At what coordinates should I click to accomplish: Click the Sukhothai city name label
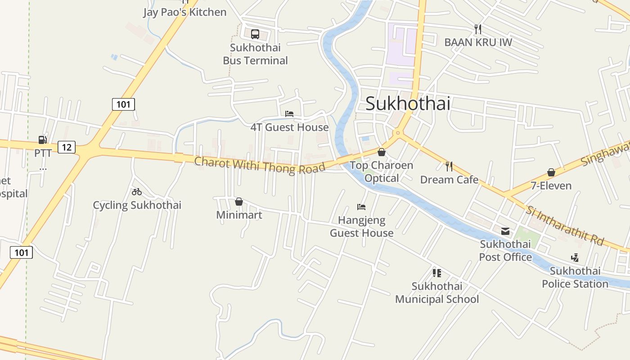coord(408,103)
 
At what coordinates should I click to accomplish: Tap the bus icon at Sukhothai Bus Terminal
coord(255,34)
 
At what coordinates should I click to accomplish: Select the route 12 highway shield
coord(67,147)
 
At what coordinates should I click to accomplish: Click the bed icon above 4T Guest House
coord(289,114)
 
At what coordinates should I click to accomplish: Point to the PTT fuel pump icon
coord(43,140)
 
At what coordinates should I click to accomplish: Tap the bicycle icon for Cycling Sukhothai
coord(137,192)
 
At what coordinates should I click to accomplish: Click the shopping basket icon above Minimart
coord(239,202)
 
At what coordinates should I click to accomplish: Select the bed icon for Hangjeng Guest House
coord(361,207)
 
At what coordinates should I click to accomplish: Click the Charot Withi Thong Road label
coord(260,165)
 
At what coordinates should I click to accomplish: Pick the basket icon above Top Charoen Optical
coord(382,152)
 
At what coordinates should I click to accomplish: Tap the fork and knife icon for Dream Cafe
coord(449,166)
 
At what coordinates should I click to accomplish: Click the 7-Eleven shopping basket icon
coord(551,172)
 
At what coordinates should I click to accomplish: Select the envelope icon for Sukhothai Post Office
coord(505,231)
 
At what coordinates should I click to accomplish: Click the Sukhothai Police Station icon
coord(575,258)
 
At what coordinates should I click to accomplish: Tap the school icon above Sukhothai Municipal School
coord(436,273)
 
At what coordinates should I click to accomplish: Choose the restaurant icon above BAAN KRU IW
coord(478,29)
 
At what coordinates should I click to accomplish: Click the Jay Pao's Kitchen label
coord(185,12)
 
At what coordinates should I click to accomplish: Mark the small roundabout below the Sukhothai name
coord(397,133)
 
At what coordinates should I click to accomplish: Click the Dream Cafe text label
coord(449,180)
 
